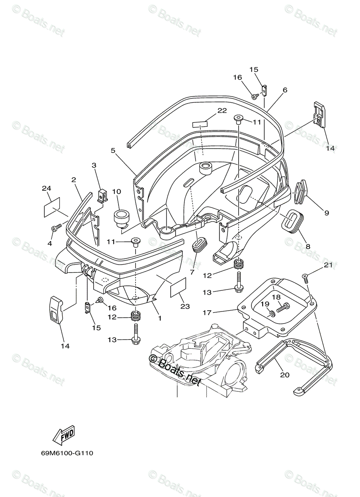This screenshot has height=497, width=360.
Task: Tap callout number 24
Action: pos(46,188)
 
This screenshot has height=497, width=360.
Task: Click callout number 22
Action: pos(222,110)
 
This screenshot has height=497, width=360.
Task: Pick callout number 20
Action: pos(285,375)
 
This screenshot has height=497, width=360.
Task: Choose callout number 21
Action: pos(328,265)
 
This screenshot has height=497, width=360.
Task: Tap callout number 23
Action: pos(185,306)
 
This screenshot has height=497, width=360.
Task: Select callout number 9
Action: pos(326,213)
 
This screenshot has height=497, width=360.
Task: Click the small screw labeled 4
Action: pos(56,228)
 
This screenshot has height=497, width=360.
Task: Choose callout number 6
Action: pos(285,90)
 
